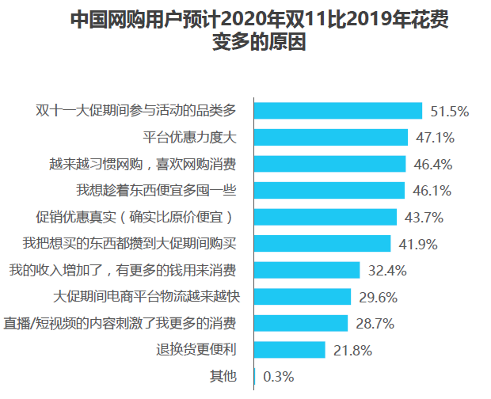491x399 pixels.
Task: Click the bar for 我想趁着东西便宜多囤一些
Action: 329,190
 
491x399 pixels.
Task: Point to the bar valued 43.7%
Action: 325,217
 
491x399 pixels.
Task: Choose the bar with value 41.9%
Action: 322,243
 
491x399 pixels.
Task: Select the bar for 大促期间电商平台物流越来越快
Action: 302,296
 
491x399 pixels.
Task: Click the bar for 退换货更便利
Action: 289,349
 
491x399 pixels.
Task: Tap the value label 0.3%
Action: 279,376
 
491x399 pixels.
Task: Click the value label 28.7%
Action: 375,323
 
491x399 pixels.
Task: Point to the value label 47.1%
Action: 435,138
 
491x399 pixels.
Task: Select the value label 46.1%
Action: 432,191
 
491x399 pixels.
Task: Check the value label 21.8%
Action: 352,350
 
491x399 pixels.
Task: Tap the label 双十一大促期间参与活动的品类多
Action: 136,111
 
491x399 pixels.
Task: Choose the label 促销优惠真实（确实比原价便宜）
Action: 136,217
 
